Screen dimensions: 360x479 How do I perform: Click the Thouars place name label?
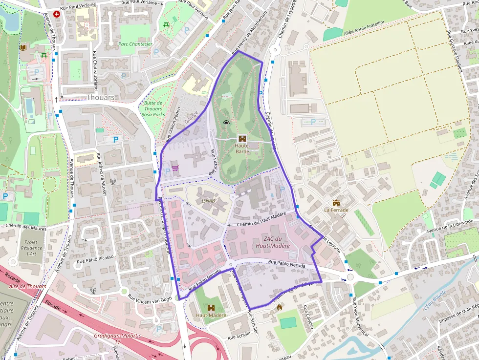click(x=100, y=97)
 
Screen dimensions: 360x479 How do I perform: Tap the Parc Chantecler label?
click(x=135, y=44)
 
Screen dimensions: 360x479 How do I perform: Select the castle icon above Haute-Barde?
click(x=242, y=138)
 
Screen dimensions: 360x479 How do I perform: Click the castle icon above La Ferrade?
click(x=336, y=203)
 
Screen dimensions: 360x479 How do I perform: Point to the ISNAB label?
click(x=208, y=201)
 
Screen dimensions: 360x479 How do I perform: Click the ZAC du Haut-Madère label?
click(x=270, y=242)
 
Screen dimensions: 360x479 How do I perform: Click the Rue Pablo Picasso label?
click(x=95, y=257)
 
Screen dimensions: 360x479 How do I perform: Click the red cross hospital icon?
click(x=57, y=15)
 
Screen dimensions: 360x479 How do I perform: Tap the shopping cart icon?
click(x=175, y=169)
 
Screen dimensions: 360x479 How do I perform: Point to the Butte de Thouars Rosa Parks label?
click(x=153, y=108)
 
